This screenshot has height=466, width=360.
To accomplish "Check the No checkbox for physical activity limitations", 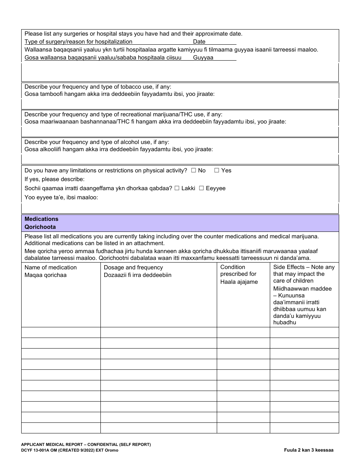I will [193, 170].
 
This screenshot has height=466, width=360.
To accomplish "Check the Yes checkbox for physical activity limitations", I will [217, 170].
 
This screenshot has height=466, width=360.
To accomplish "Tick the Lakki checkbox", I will [177, 188].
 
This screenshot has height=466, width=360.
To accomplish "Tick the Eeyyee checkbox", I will [202, 188].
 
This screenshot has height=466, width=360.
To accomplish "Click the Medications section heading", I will [41, 219].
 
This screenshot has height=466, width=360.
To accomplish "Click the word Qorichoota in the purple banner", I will [40, 227].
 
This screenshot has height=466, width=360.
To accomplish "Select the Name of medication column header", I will [50, 267].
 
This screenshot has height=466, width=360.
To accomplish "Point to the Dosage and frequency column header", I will [133, 267].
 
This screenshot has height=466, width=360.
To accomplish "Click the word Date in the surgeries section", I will [199, 42].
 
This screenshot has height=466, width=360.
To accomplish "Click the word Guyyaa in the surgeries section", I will [203, 58].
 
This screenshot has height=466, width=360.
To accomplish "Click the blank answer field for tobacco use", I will [180, 104].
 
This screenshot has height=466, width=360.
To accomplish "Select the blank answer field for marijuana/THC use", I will [180, 131].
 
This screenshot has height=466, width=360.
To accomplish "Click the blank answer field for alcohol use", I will [180, 159].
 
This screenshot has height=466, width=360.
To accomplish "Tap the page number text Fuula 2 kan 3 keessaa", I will [309, 450].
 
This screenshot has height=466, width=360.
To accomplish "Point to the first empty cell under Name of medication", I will [61, 332].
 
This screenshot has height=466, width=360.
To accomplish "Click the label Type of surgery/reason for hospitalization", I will [78, 42].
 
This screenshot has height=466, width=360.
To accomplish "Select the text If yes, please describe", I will [55, 179].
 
